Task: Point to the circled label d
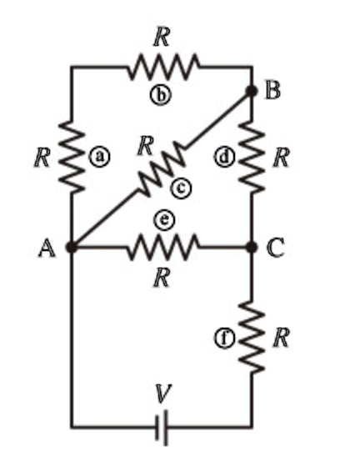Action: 222,156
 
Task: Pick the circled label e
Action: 163,218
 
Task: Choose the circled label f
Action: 222,338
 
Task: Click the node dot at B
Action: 251,92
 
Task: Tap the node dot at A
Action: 72,247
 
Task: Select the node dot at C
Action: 251,247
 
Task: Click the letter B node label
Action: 272,91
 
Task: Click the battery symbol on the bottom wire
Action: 162,427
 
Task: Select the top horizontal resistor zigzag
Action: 163,67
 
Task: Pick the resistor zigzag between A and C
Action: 163,247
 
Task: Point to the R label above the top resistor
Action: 162,36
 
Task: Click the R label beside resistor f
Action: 282,337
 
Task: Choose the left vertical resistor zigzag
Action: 72,156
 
